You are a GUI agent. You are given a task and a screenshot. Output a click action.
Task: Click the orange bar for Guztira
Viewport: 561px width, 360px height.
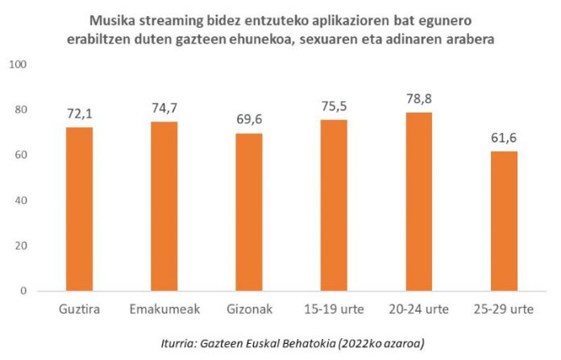tap(79, 209)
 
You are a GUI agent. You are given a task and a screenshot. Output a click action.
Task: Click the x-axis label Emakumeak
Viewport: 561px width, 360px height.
tap(164, 310)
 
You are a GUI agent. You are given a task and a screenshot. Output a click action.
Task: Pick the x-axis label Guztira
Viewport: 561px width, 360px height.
tap(79, 310)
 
